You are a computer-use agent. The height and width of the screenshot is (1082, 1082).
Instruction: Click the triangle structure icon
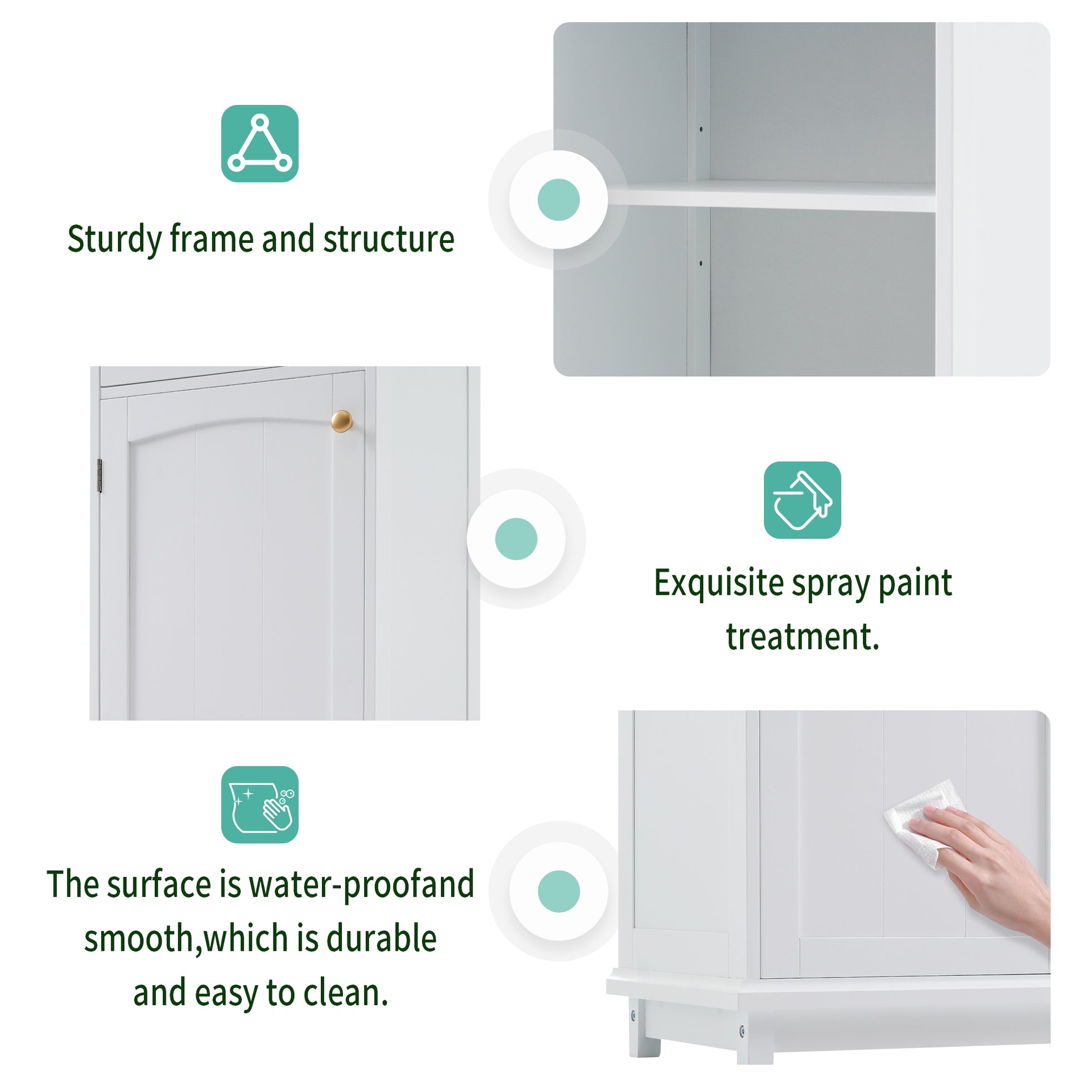coord(259,143)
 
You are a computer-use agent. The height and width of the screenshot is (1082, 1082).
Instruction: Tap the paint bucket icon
coord(802,499)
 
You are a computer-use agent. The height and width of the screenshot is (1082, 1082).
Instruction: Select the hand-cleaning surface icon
coord(259,804)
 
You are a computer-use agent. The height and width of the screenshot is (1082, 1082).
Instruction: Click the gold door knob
coord(341,421)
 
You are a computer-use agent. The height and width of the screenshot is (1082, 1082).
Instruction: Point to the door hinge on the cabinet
coord(100,475)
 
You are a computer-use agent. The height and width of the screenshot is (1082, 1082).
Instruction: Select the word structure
coord(389,240)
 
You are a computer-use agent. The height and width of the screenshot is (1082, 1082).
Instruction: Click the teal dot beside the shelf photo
coord(558,200)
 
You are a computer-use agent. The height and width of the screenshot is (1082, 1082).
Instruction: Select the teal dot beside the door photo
coord(516,539)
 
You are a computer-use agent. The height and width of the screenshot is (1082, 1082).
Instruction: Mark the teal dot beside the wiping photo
coord(558,891)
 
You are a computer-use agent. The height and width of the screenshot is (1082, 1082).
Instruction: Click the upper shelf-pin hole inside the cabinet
coord(701,130)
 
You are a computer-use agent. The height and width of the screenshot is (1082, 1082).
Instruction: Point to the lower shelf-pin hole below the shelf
coord(701,262)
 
